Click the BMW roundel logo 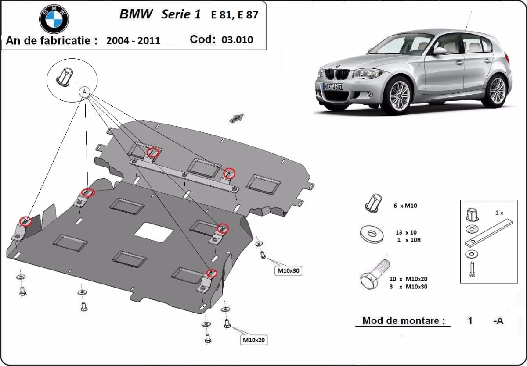[x=54, y=19]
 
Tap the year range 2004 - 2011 [x=133, y=41]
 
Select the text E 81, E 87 [x=235, y=15]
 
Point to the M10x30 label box [x=288, y=271]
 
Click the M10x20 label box [x=254, y=340]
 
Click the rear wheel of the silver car [x=496, y=91]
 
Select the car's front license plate [x=333, y=86]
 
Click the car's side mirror [x=439, y=51]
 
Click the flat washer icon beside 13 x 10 [x=372, y=234]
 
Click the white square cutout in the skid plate [x=153, y=232]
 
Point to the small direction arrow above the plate [x=236, y=118]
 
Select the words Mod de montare [x=401, y=321]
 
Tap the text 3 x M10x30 [x=408, y=287]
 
